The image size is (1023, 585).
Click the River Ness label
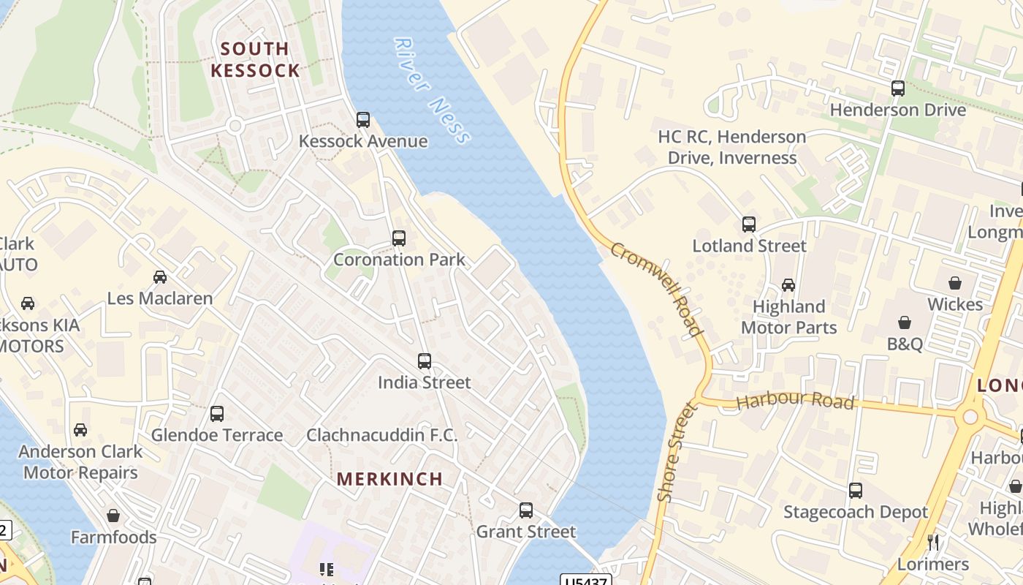(432, 90)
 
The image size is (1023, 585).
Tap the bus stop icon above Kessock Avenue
(363, 119)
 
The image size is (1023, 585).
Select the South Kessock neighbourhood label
(255, 60)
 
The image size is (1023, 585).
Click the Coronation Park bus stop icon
(399, 238)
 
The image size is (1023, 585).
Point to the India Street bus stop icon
(425, 361)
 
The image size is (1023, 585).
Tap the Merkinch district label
(389, 479)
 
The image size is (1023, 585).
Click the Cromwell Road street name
(655, 290)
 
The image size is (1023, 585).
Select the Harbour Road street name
(795, 401)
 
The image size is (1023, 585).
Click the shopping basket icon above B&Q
(905, 322)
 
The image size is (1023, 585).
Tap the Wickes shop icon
(954, 282)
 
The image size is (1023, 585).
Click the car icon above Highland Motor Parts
(788, 284)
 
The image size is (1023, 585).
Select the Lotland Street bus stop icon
(749, 224)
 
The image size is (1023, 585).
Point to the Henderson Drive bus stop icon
(898, 88)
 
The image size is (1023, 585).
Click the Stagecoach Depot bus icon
(856, 490)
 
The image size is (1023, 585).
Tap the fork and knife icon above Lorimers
(933, 542)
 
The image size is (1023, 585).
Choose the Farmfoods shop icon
(113, 516)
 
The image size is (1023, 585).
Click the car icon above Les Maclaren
(160, 276)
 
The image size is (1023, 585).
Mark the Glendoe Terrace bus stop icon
(217, 414)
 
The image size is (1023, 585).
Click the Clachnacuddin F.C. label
(381, 435)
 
